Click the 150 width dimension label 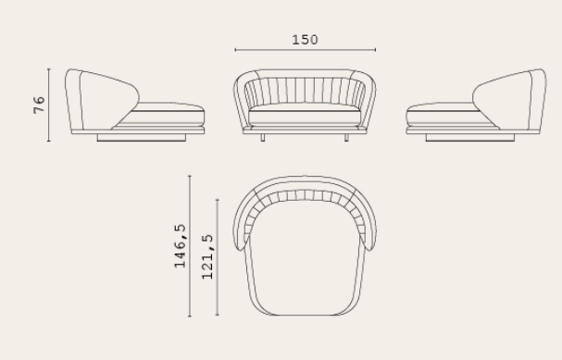[x=305, y=40]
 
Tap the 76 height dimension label [x=39, y=105]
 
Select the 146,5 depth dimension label [x=180, y=246]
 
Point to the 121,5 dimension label [x=207, y=257]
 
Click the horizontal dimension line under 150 [x=306, y=50]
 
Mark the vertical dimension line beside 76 [x=49, y=105]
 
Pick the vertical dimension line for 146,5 [x=190, y=246]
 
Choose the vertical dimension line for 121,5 [x=218, y=257]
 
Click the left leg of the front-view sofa [x=263, y=138]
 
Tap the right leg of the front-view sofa [x=346, y=138]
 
